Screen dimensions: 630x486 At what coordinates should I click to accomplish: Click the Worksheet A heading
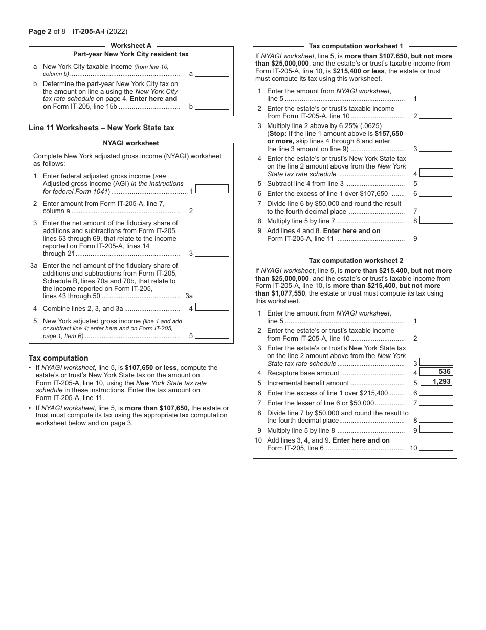131,46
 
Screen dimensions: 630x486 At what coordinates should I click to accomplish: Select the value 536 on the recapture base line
444,372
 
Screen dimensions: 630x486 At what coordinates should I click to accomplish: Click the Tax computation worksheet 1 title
356,46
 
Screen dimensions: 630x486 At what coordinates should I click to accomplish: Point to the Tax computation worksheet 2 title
356,261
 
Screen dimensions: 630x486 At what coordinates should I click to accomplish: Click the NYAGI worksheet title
131,143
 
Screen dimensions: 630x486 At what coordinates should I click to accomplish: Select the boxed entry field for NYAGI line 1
212,189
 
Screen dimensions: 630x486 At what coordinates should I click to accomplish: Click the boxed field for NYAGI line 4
212,307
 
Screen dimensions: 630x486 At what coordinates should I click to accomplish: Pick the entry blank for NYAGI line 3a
212,296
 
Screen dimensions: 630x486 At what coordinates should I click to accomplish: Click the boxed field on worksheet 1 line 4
436,173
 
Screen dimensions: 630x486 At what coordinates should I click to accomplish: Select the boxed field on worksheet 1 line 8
436,220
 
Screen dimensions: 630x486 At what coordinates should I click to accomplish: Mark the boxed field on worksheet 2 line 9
436,429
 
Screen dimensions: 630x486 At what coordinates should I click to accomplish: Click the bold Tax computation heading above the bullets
58,358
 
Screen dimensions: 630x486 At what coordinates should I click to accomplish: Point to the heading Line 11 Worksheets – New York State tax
101,128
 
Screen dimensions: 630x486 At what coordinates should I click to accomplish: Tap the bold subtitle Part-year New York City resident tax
131,54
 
